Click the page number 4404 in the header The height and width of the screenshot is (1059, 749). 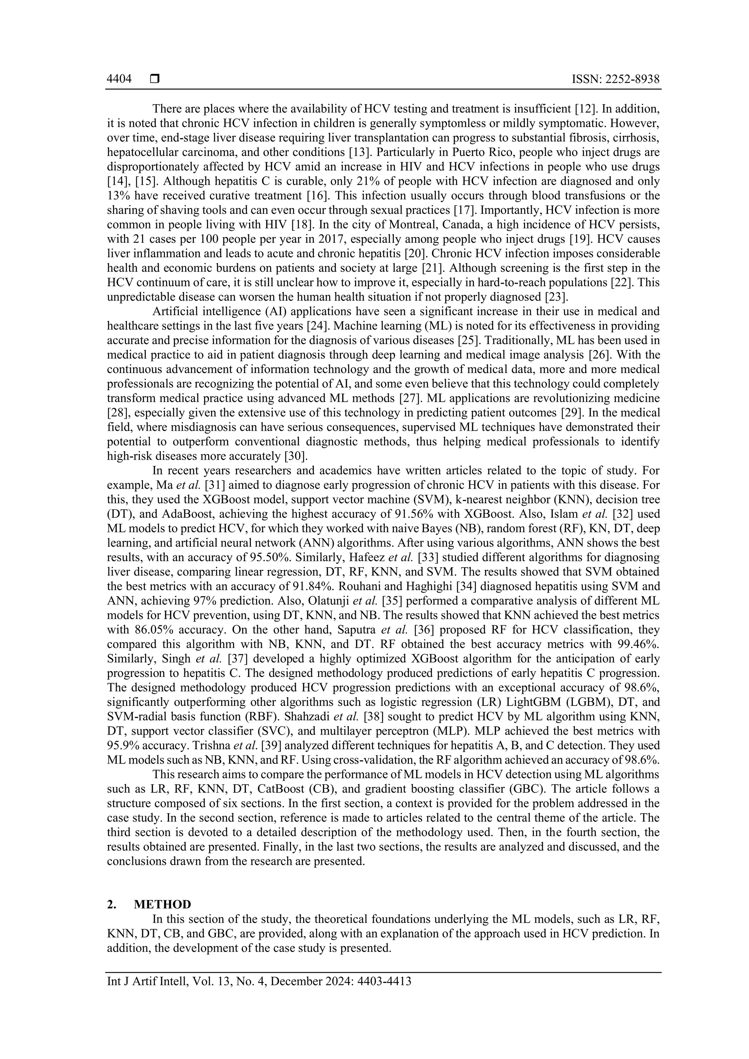119,80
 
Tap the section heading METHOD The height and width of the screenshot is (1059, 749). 162,904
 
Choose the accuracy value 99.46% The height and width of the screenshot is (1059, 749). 638,644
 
